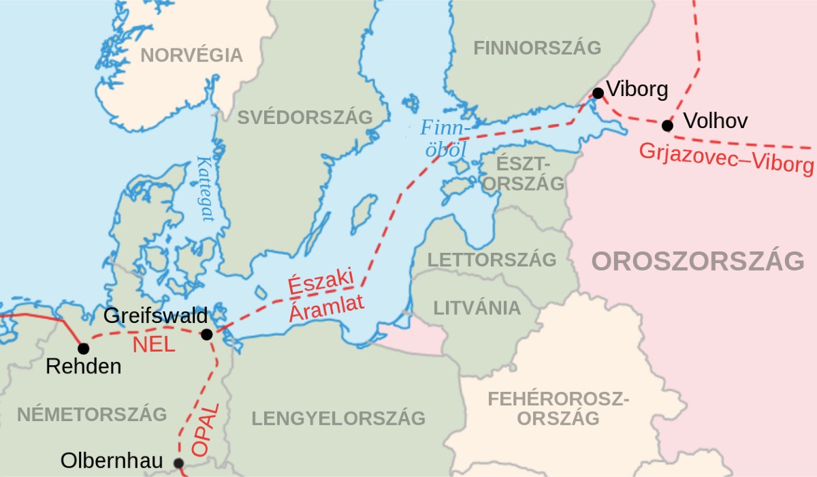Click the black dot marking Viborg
[598, 93]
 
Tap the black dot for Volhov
[667, 125]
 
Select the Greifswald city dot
[207, 335]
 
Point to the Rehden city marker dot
[83, 349]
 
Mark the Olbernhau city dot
[178, 463]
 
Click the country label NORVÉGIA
[191, 55]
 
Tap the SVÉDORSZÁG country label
[304, 117]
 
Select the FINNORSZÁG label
[537, 48]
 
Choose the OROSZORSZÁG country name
[697, 261]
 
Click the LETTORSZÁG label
[492, 260]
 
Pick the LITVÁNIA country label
[477, 308]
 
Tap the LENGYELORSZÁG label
[338, 418]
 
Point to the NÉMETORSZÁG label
[92, 414]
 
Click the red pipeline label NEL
[154, 345]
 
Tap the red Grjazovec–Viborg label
[726, 158]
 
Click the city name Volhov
[715, 121]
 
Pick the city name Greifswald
[155, 316]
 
